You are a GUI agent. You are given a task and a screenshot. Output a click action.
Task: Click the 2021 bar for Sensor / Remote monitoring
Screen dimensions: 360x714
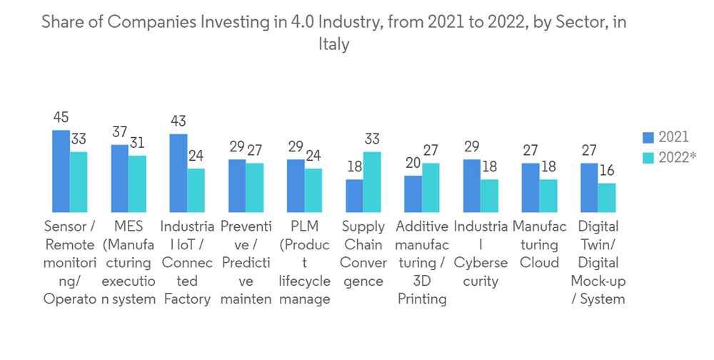tap(61, 171)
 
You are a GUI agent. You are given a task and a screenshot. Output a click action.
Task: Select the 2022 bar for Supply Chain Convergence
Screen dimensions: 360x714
tap(372, 182)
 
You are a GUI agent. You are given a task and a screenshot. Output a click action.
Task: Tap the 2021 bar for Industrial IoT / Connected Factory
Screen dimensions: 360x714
tap(178, 174)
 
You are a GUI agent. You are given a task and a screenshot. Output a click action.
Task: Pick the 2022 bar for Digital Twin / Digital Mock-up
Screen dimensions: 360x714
tap(606, 198)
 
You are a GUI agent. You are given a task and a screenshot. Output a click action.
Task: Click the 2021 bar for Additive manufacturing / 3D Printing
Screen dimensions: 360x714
tap(413, 194)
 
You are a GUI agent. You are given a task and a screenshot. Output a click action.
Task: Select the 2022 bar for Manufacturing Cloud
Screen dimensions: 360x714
tap(548, 196)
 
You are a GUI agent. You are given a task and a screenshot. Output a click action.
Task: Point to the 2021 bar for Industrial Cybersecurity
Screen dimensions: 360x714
tap(471, 186)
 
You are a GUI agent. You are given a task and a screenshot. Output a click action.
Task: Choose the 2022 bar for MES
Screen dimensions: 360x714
tap(137, 184)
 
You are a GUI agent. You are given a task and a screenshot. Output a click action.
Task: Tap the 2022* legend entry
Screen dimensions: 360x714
tap(670, 158)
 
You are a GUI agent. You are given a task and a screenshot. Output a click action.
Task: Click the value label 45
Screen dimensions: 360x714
tap(61, 117)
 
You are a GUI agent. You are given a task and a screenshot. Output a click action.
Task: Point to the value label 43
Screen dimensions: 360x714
tap(178, 121)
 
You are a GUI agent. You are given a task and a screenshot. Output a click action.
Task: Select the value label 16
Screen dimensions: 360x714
tap(606, 171)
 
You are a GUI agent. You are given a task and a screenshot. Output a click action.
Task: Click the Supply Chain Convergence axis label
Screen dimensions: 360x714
tap(363, 254)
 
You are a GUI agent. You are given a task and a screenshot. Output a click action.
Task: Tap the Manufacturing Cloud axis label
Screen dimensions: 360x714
tap(539, 244)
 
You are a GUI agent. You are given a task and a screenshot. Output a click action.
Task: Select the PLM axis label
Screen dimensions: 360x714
tap(305, 263)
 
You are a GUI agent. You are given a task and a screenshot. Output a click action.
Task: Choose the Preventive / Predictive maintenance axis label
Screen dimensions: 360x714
tap(246, 263)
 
